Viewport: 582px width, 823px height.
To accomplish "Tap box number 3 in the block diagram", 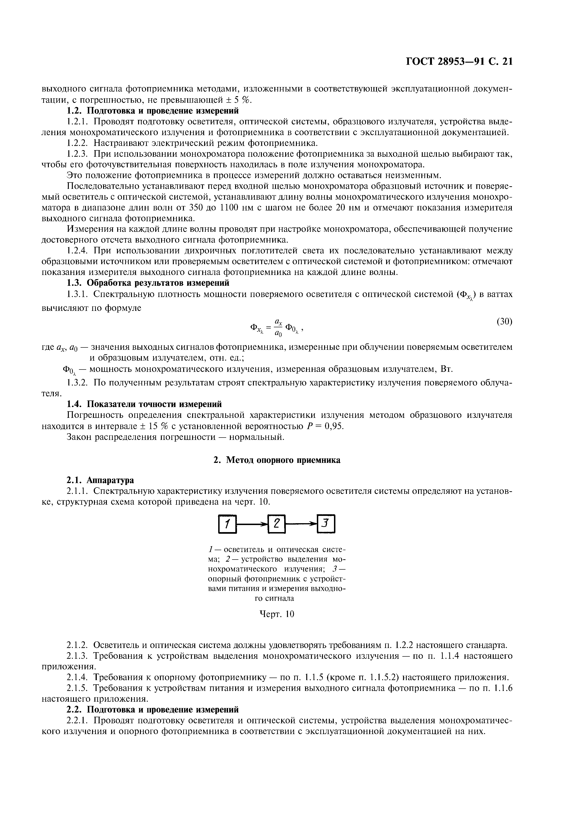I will (326, 524).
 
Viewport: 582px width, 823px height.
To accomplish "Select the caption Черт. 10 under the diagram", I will (277, 614).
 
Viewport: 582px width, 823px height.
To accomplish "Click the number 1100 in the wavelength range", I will (229, 208).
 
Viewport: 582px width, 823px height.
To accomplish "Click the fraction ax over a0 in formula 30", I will (278, 327).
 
